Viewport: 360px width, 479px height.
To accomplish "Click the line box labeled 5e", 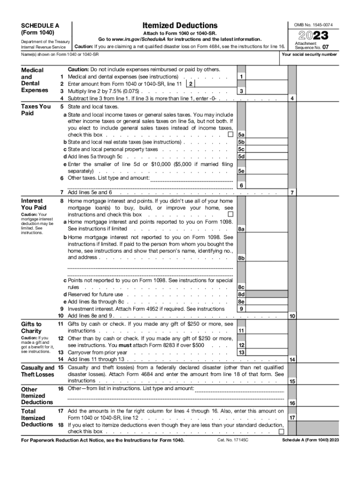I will tap(241, 171).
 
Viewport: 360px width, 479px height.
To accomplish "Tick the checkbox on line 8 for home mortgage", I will tap(230, 215).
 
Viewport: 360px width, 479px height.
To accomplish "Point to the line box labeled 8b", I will tap(241, 258).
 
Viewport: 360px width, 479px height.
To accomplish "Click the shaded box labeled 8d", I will tap(241, 295).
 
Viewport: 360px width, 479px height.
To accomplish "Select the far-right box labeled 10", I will tap(292, 316).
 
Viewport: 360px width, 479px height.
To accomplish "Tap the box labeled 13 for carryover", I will tap(241, 352).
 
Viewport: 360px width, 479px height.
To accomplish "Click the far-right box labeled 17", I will tap(292, 418).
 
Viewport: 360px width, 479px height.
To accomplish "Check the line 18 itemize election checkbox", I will tap(281, 431).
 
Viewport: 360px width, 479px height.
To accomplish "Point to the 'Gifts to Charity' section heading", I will tap(32, 327).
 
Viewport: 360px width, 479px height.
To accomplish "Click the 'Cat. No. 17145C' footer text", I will tap(232, 441).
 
